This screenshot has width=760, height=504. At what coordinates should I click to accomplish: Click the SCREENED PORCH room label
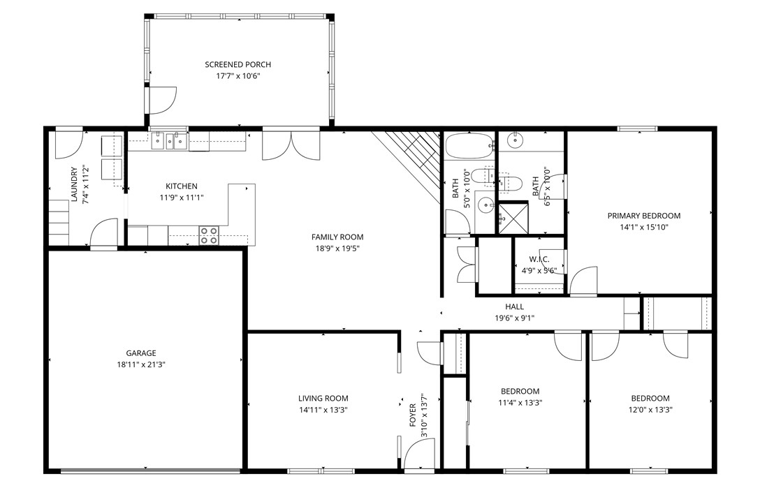[237, 64]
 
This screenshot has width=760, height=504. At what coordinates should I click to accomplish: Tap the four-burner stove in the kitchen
[209, 235]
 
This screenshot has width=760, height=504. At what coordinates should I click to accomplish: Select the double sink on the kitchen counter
[170, 141]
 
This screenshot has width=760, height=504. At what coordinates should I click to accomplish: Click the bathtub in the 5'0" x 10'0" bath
[469, 146]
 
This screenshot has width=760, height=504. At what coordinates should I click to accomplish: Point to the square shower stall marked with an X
[513, 217]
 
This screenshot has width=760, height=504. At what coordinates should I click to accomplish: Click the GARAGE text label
[141, 353]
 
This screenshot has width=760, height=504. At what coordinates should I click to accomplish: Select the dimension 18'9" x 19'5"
[337, 248]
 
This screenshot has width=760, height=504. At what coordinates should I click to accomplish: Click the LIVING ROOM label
[323, 399]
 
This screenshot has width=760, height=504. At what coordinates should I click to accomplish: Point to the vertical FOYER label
[413, 415]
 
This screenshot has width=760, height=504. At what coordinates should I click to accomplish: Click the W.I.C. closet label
[539, 260]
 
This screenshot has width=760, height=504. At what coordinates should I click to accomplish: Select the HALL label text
[514, 306]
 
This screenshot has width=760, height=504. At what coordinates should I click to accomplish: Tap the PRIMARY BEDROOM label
[643, 216]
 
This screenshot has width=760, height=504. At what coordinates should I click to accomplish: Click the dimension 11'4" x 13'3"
[520, 402]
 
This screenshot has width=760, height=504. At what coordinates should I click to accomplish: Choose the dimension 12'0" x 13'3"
[650, 410]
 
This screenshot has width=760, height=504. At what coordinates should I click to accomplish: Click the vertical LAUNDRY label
[74, 184]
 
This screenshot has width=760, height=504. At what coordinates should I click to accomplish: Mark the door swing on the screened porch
[163, 100]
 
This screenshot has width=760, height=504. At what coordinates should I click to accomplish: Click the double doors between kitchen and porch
[291, 145]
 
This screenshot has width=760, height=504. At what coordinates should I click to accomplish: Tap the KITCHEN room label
[181, 186]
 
